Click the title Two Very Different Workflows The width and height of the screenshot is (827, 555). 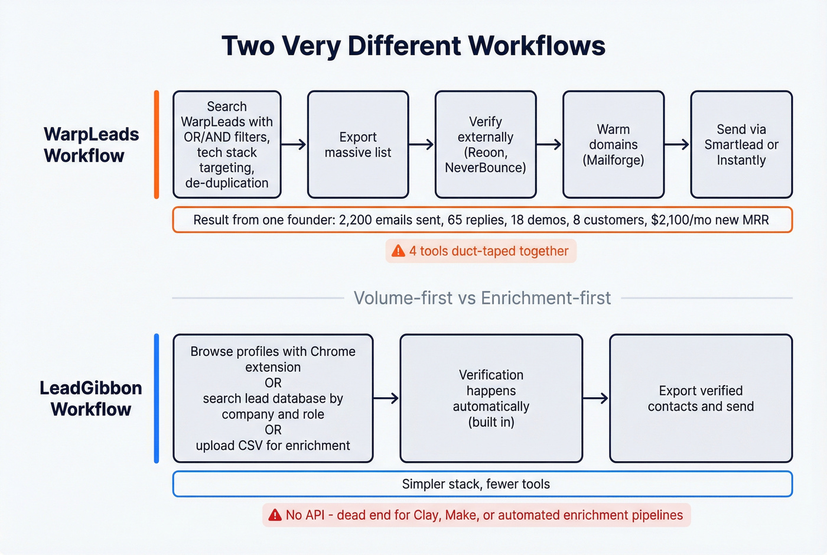pos(413,46)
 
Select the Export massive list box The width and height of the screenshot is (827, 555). pos(358,145)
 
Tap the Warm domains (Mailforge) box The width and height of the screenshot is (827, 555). pos(613,145)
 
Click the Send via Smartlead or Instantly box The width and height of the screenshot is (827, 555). pos(741,145)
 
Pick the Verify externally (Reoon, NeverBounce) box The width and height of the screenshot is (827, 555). pos(486,145)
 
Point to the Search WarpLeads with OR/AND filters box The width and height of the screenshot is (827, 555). pos(227,145)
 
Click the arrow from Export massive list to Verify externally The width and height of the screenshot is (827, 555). pos(421,145)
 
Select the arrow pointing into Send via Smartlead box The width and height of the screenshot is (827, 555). pos(677,145)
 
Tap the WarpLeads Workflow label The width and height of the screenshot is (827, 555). pos(91,145)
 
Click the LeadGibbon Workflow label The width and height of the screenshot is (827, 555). pos(91,398)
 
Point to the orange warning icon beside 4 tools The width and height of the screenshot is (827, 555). pos(399,251)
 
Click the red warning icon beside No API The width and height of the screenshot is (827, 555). pos(275,515)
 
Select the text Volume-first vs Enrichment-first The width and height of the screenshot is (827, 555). pos(482,298)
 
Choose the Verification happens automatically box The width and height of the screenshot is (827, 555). pos(491,398)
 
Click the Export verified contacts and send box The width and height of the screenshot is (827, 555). pos(701,398)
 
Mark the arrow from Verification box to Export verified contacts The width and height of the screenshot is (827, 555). pos(595,398)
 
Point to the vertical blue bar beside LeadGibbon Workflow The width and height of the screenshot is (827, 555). pos(157,398)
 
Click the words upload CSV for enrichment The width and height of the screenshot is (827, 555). pos(273,446)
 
